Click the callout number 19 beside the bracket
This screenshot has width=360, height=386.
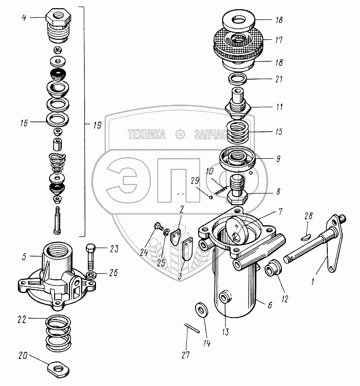click(98, 125)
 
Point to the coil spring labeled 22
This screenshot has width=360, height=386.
click(58, 333)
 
